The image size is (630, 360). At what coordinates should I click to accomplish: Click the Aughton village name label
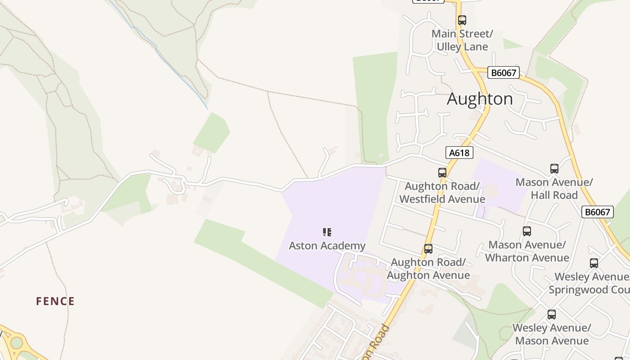pos(480,99)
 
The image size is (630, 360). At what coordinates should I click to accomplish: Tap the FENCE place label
pos(55,301)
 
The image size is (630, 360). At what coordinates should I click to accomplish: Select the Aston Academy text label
pos(327,246)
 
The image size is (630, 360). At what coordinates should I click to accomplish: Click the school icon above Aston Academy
pos(327,232)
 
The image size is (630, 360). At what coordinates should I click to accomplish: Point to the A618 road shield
pos(459,153)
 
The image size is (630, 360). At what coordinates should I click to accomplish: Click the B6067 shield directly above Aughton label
pos(503,72)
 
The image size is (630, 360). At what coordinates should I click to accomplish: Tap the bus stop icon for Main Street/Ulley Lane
pos(462,20)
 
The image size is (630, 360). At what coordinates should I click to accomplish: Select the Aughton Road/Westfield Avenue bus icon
pos(442,173)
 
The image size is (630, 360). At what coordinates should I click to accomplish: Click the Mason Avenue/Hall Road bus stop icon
pos(554,169)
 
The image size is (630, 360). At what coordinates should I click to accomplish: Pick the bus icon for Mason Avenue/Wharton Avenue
pos(527,231)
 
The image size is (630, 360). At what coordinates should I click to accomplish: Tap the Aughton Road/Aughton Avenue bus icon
pos(428,249)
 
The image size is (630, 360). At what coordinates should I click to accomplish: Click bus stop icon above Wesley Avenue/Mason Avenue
pos(552,315)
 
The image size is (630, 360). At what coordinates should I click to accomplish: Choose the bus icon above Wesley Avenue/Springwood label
pos(594,263)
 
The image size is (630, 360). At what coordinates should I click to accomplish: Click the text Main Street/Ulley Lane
pos(462,40)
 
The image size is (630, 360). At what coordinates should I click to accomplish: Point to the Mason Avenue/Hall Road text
pos(554,189)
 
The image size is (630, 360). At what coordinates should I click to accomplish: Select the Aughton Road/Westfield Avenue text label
pos(442,193)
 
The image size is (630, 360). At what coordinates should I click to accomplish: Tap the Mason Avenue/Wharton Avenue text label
pos(527,251)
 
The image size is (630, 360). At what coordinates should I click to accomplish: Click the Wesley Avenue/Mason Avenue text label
pos(552,334)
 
